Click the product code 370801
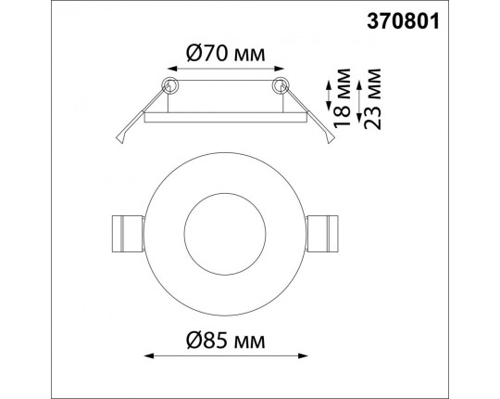point(403,21)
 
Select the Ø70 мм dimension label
point(225,53)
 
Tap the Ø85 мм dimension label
point(225,341)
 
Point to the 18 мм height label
point(342,98)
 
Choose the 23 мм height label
point(372,99)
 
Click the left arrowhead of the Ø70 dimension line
point(172,69)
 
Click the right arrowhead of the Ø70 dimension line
point(279,69)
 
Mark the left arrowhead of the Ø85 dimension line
point(149,355)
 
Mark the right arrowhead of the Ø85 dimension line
point(303,355)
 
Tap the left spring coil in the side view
point(169,85)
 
